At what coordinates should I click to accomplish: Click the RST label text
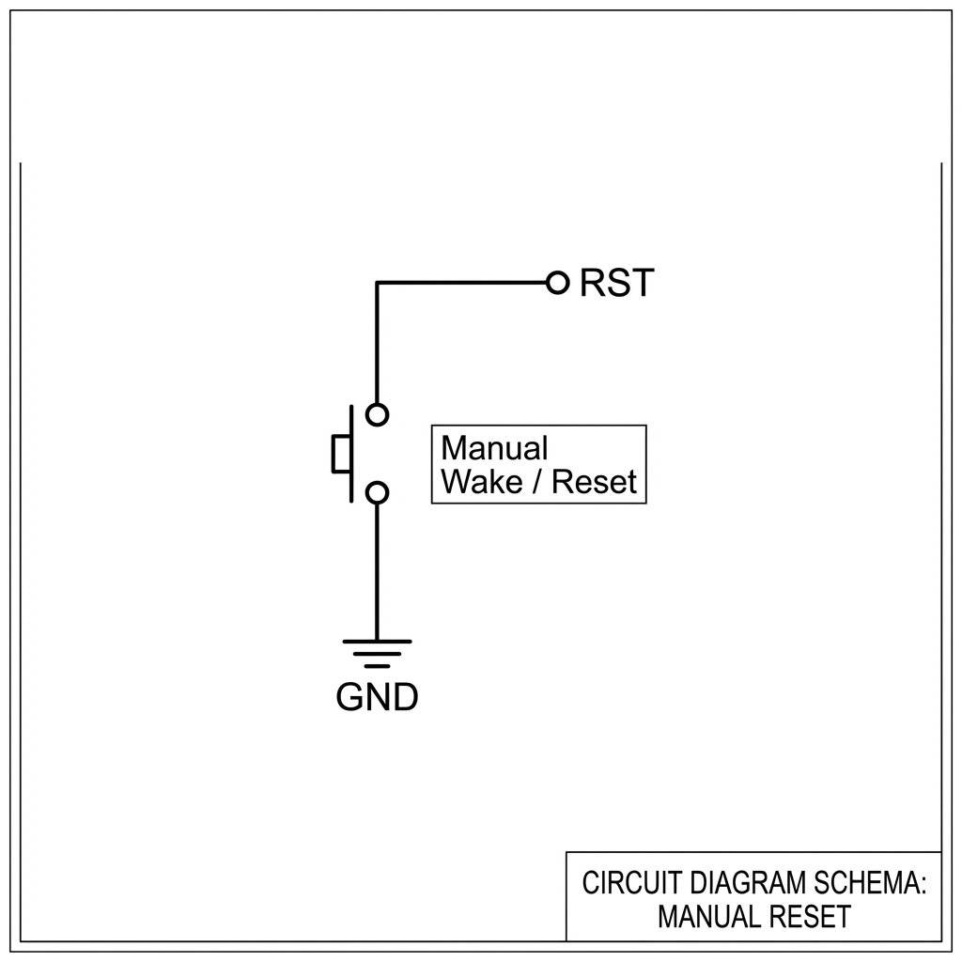(x=616, y=283)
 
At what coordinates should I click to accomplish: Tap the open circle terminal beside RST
(x=558, y=282)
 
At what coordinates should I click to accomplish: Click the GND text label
(x=377, y=698)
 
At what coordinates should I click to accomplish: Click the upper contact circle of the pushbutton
(x=377, y=414)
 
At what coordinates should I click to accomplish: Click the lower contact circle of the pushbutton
(x=377, y=492)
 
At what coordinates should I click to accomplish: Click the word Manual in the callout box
(x=494, y=448)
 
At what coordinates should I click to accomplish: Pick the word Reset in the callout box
(x=594, y=482)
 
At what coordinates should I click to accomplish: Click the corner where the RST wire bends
(x=377, y=282)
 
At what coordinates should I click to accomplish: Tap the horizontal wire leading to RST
(x=460, y=282)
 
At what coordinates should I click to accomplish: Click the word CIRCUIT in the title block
(x=620, y=883)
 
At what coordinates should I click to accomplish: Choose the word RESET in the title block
(x=809, y=916)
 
